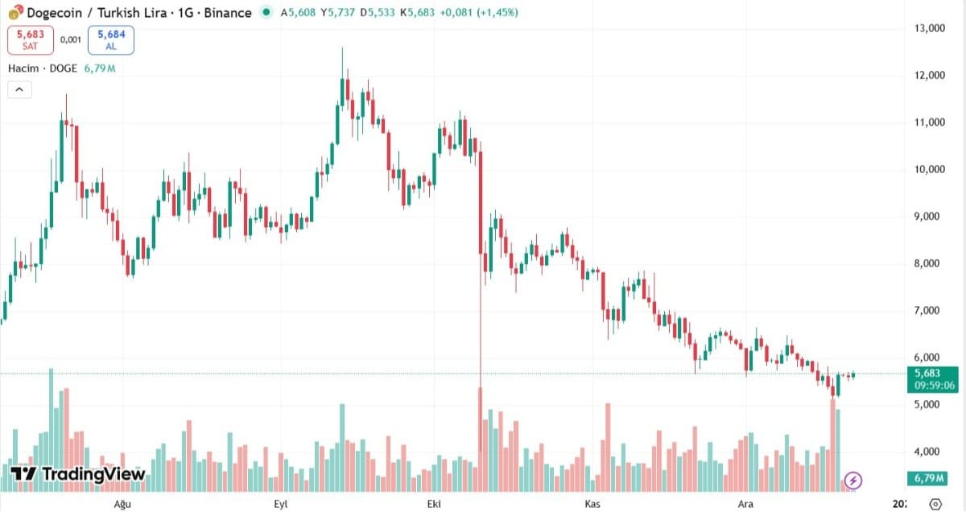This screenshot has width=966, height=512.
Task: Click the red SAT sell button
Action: point(31,40)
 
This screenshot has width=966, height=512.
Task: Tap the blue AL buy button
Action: point(111,40)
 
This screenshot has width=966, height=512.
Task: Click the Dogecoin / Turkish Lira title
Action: point(97,13)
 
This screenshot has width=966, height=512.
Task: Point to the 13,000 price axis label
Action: point(929,28)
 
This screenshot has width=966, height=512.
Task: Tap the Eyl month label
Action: point(281,504)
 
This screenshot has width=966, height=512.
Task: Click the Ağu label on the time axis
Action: point(122,504)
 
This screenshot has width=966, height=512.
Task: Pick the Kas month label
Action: point(592,504)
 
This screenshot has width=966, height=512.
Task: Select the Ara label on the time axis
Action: point(745,504)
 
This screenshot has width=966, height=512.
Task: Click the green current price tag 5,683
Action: point(933,380)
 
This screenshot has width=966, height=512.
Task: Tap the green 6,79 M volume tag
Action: point(927,478)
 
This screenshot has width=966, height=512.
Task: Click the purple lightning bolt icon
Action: point(853,480)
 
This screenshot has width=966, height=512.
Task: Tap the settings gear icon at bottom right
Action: point(935,504)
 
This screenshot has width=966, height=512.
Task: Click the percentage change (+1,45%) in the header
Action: point(497,13)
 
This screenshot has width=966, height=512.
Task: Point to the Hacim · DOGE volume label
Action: point(43,68)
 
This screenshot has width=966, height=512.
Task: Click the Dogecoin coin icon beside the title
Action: point(15,13)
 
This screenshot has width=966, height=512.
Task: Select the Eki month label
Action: point(434,504)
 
